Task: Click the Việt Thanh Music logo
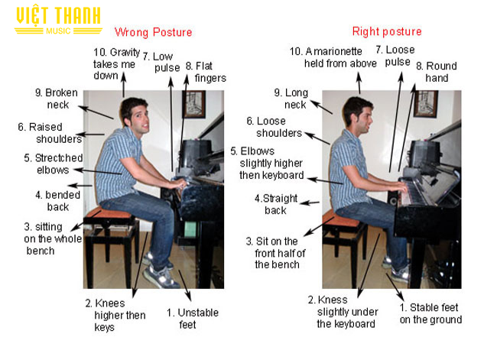click(58, 21)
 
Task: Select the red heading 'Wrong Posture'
click(154, 32)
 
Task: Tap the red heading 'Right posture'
click(387, 31)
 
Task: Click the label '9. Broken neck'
click(57, 99)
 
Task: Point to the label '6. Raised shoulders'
click(50, 133)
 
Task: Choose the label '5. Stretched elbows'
click(54, 164)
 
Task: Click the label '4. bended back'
click(57, 200)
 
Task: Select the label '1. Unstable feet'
click(193, 319)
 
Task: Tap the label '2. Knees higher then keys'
click(115, 315)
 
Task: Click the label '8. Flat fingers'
click(206, 72)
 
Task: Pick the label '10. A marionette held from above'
click(333, 57)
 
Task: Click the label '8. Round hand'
click(437, 72)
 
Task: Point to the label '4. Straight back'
click(276, 204)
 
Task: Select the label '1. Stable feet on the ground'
click(430, 313)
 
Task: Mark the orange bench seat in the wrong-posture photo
click(109, 213)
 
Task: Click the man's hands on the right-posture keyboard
click(401, 187)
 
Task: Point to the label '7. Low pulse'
click(161, 62)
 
